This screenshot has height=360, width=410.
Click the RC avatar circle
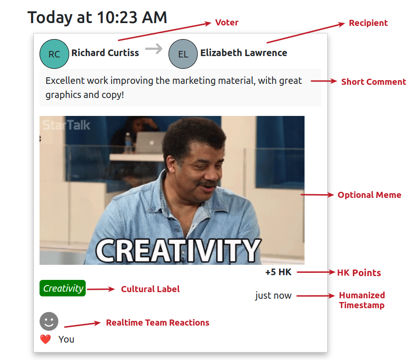coord(55,54)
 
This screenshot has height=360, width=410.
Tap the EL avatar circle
coord(183,54)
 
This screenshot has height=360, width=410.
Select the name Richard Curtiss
coord(105,53)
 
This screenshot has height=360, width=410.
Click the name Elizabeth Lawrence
coord(244,53)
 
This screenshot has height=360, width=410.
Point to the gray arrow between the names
coord(154,49)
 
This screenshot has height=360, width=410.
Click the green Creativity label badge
coord(63,288)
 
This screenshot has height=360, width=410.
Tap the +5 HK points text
coord(278,272)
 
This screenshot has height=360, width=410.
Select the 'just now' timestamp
coord(273,295)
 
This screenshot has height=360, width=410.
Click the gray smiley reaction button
coord(49,321)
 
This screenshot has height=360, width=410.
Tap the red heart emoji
coord(46,339)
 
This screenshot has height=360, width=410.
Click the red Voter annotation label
coord(227,23)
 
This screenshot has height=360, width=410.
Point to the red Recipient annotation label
coord(368,23)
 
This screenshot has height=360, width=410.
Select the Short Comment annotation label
coord(374,82)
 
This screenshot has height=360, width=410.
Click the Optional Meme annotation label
coord(369,195)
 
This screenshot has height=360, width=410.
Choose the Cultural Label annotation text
coord(150,289)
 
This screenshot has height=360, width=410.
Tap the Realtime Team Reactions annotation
coord(158,323)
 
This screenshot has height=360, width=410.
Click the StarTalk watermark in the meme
coord(66,125)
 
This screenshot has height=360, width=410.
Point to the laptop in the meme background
coord(151,143)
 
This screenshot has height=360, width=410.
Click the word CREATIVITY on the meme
coord(178,251)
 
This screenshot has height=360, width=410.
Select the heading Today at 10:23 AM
coord(97,17)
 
